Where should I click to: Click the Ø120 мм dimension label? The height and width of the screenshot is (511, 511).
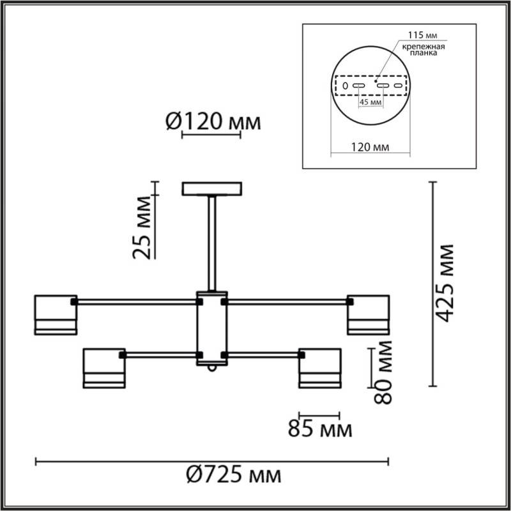[213, 121]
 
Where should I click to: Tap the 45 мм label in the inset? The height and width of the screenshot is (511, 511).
[370, 102]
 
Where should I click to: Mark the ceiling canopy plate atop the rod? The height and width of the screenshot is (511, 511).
[212, 189]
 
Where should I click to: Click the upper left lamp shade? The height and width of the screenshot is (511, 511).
[56, 315]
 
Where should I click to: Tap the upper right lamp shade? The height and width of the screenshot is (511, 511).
[368, 315]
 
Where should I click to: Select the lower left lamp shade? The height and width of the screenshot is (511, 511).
[103, 368]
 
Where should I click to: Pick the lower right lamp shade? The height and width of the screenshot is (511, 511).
[319, 368]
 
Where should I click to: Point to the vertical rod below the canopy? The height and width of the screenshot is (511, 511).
[212, 243]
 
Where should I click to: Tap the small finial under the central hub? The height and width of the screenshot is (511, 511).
[212, 370]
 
